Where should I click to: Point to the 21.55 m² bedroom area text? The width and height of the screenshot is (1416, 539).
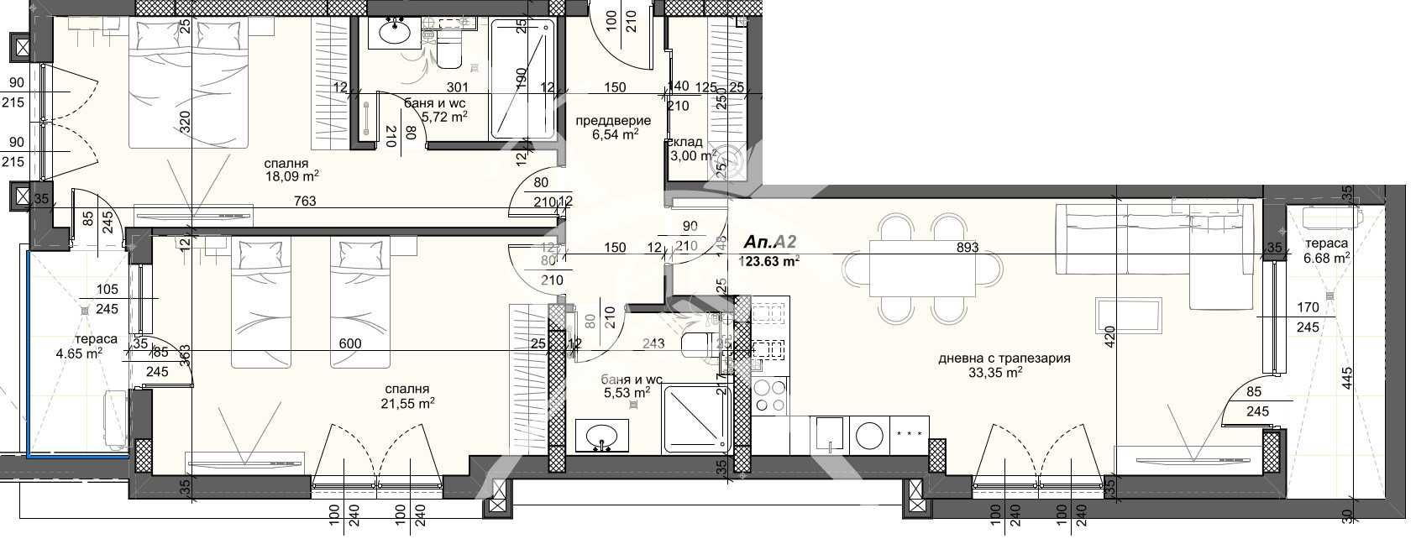click(x=408, y=403)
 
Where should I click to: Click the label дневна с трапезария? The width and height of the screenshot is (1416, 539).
click(x=1004, y=358)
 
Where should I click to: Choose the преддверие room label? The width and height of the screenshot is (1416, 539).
click(x=612, y=121)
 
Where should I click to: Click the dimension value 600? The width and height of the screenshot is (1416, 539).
click(x=350, y=343)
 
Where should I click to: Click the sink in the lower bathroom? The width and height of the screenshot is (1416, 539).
click(x=601, y=437)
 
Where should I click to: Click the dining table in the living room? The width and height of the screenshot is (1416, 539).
click(x=922, y=269)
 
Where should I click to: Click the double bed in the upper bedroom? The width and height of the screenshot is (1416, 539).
click(x=188, y=84)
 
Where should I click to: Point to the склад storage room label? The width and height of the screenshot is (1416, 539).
click(x=686, y=142)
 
